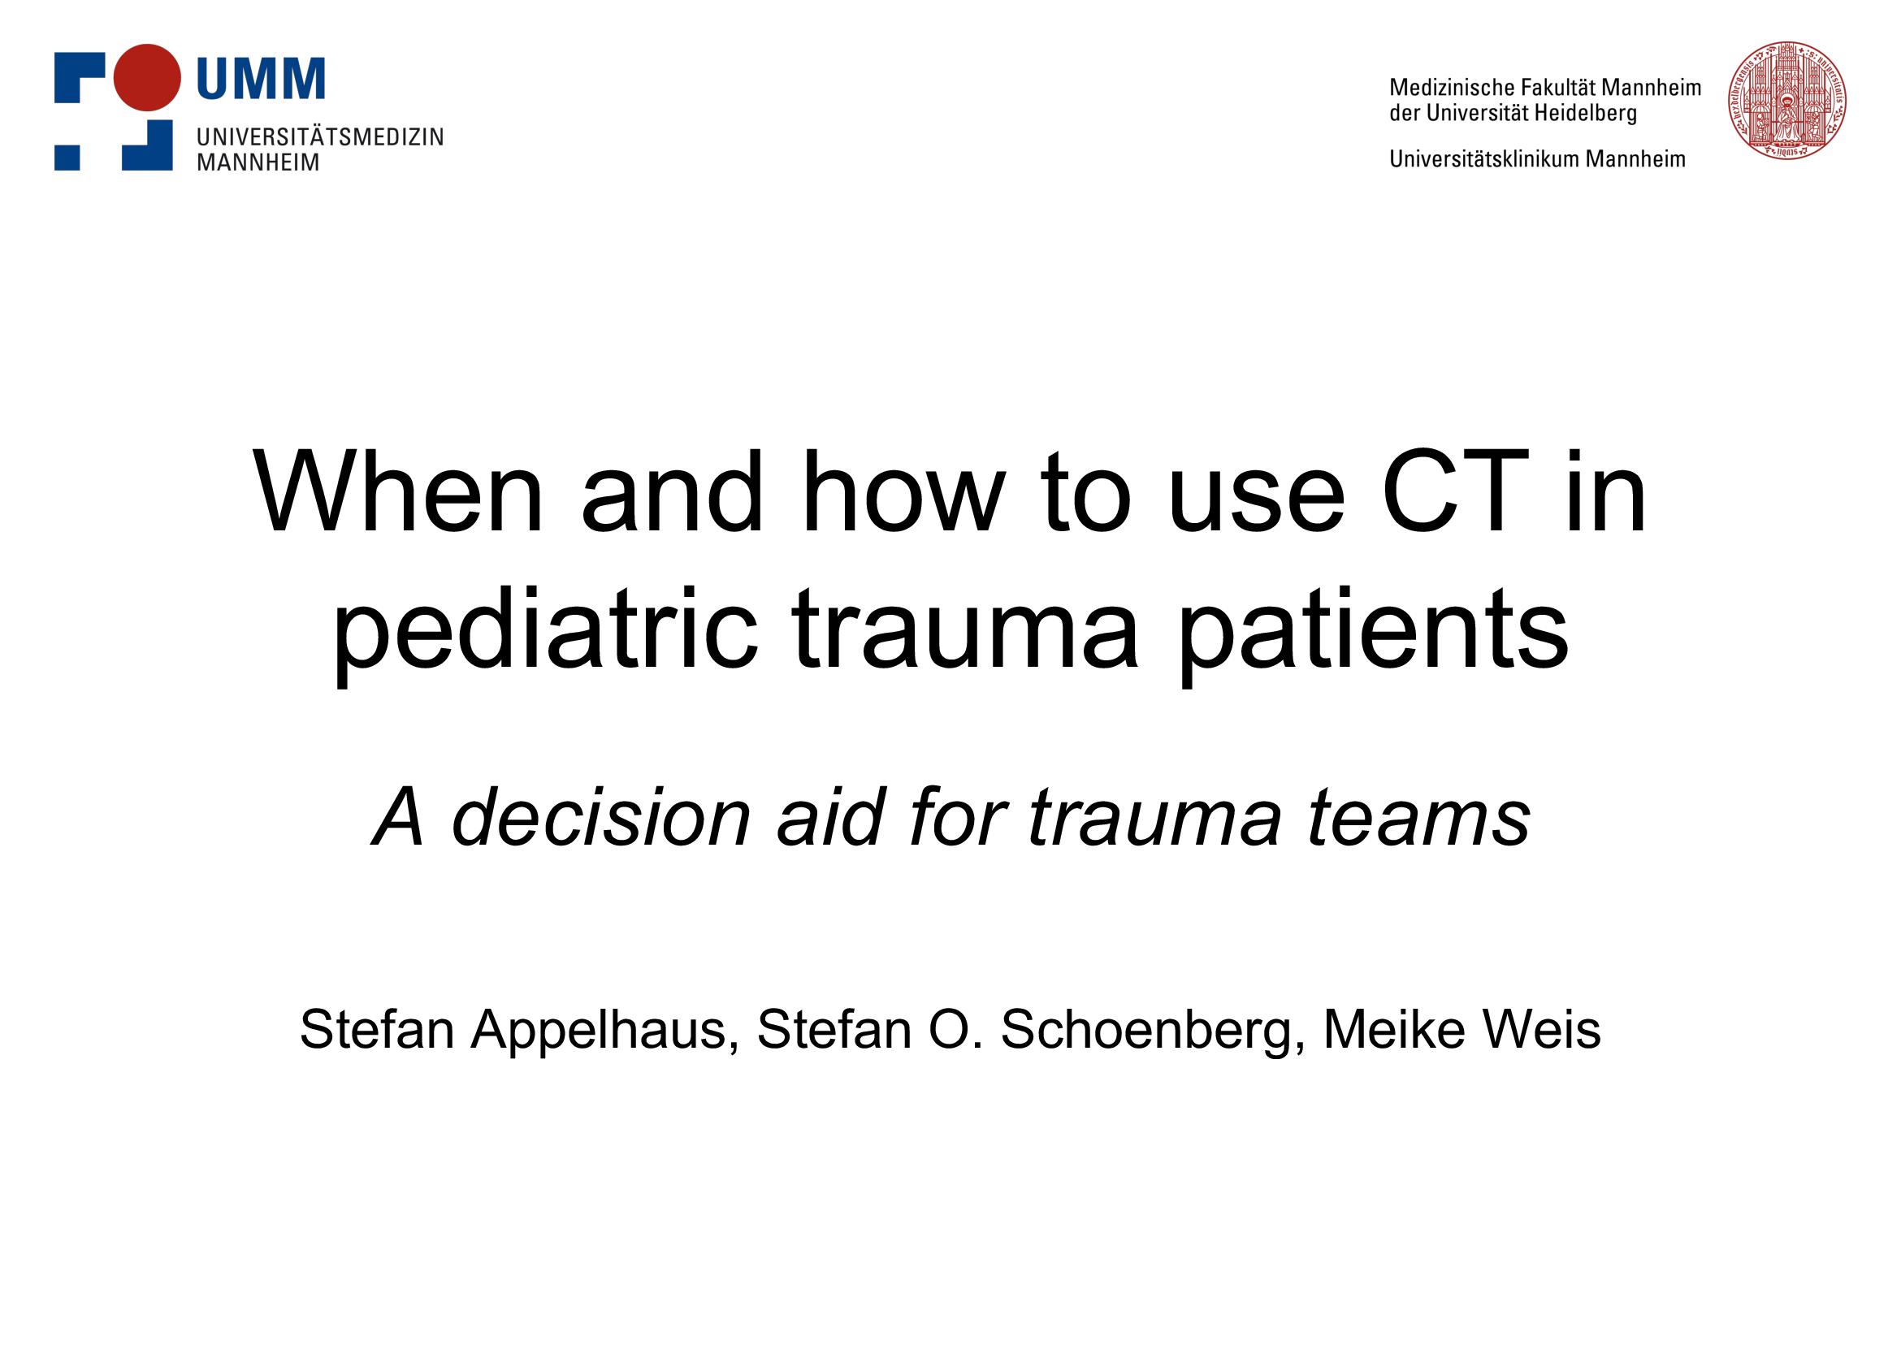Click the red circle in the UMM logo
[x=146, y=77]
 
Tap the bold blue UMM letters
[x=261, y=80]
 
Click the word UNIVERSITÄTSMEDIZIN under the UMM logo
[x=320, y=136]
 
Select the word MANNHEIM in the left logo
[x=258, y=162]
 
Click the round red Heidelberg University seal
[x=1786, y=100]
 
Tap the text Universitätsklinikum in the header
[x=1484, y=159]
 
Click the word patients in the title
[x=1372, y=633]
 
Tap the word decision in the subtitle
[x=600, y=817]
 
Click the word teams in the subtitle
[x=1419, y=819]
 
